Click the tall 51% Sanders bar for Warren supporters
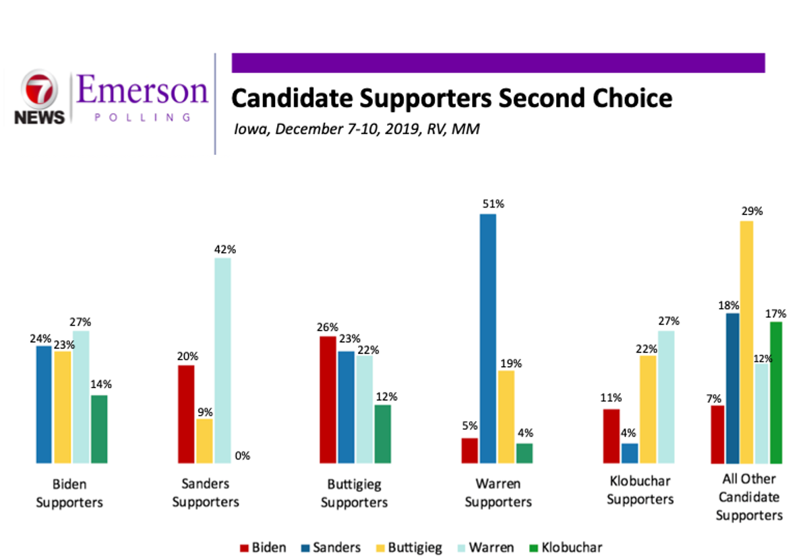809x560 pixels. (488, 339)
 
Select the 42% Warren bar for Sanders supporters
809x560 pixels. (223, 361)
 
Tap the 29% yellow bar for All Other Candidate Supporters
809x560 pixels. (746, 342)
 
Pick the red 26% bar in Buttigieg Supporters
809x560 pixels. (328, 400)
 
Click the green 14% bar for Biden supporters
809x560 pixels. (99, 429)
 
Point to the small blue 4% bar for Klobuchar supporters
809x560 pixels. (630, 454)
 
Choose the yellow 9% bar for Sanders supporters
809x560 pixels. (205, 441)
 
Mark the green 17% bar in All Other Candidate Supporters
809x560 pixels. (776, 393)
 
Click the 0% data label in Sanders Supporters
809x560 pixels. (242, 456)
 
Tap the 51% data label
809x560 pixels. (493, 204)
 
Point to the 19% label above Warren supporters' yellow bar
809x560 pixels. (511, 364)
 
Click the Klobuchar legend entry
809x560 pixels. (566, 548)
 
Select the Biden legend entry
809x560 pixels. (263, 548)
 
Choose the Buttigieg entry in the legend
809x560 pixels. (409, 548)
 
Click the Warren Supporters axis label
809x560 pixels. (498, 493)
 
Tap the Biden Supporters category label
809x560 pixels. (69, 493)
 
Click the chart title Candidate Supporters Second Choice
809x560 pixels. (452, 98)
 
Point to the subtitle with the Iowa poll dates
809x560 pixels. (357, 129)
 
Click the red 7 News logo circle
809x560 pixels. (39, 89)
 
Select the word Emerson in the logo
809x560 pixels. (142, 90)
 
